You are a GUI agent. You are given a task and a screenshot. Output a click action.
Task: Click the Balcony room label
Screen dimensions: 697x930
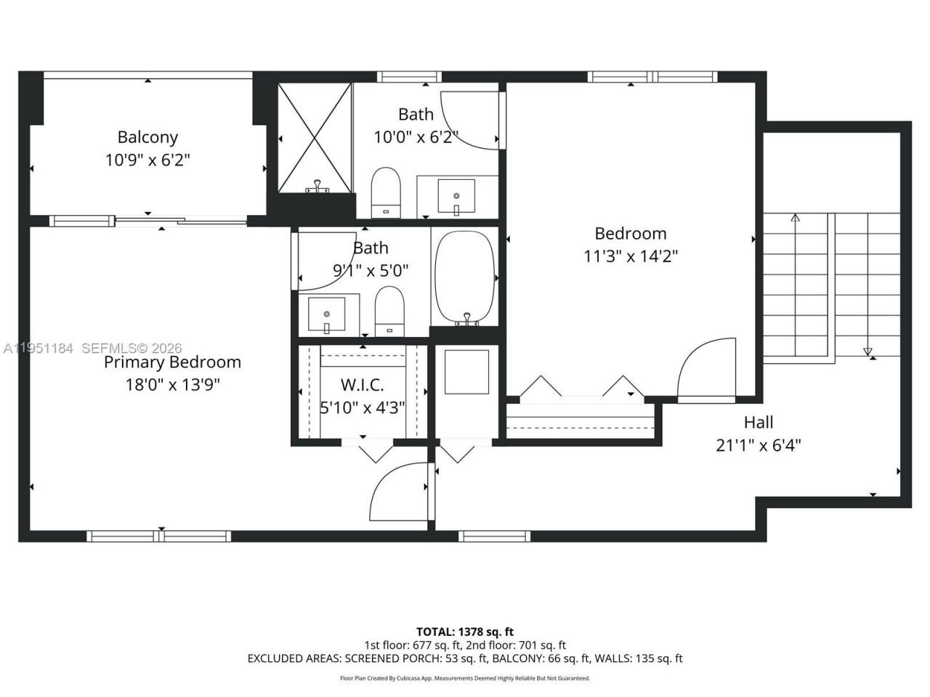(147, 136)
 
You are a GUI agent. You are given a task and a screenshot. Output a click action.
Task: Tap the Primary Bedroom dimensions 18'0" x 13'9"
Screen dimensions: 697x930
(172, 384)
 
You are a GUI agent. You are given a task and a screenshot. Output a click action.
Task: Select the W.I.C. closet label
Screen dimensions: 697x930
(362, 385)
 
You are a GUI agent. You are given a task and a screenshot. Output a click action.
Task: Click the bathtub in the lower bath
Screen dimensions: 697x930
(465, 278)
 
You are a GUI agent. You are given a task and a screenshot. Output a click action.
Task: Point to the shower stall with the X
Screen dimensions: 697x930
(315, 138)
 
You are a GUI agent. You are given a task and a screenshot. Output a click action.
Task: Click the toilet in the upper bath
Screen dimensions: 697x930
(386, 192)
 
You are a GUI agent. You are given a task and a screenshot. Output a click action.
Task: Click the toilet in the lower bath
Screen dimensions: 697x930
(389, 311)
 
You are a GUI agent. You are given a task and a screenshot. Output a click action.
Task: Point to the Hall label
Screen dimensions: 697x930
(758, 422)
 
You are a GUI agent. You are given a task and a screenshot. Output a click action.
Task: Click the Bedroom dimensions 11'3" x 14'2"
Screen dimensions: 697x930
(631, 256)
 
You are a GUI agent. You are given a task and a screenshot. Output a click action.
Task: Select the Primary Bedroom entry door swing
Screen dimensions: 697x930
(398, 490)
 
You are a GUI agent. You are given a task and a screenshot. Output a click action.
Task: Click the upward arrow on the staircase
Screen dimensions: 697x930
(795, 218)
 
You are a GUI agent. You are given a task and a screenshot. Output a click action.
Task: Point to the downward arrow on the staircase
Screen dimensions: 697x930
(868, 351)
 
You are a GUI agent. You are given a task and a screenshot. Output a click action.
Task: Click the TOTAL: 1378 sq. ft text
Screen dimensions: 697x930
(464, 632)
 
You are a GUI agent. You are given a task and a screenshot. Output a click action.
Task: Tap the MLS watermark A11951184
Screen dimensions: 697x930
(38, 348)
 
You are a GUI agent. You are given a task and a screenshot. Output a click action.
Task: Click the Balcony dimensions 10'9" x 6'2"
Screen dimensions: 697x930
(147, 160)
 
